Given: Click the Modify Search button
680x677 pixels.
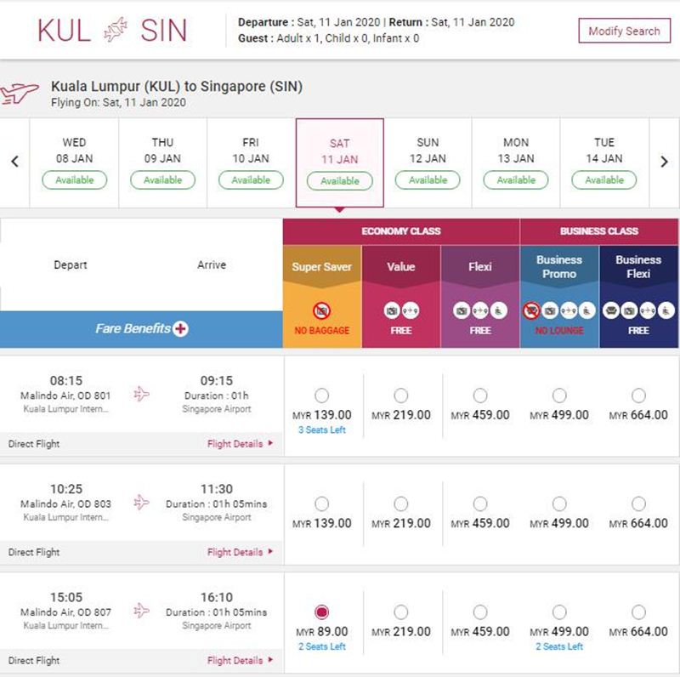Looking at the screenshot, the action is click(x=624, y=31).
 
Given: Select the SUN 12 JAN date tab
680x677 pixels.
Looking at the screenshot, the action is click(x=428, y=162).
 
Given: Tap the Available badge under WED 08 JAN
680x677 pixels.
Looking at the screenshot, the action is click(x=75, y=179).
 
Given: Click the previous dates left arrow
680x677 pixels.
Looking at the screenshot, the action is click(x=14, y=162).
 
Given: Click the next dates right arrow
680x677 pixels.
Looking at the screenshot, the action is click(x=664, y=162).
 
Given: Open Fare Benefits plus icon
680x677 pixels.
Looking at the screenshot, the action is click(x=180, y=328).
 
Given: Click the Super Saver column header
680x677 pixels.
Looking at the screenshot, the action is click(x=322, y=266).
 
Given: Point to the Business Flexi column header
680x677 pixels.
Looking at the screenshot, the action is click(x=638, y=266).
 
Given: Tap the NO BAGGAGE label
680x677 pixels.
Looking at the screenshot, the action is click(x=322, y=330).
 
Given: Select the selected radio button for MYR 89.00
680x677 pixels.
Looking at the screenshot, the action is click(x=322, y=612).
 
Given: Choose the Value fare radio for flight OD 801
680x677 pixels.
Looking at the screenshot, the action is click(x=400, y=395).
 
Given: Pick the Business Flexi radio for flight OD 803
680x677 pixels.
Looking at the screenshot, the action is click(x=638, y=503).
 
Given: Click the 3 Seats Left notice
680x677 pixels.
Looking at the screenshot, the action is click(x=322, y=430).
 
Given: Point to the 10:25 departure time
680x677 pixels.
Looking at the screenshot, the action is click(x=66, y=489).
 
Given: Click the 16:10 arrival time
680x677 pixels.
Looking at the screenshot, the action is click(x=217, y=597).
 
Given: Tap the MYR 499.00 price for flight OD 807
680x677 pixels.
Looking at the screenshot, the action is click(x=559, y=631).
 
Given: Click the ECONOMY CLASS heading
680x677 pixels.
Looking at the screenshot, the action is click(x=401, y=230).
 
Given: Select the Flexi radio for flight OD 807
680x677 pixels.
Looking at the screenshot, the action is click(x=480, y=612).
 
